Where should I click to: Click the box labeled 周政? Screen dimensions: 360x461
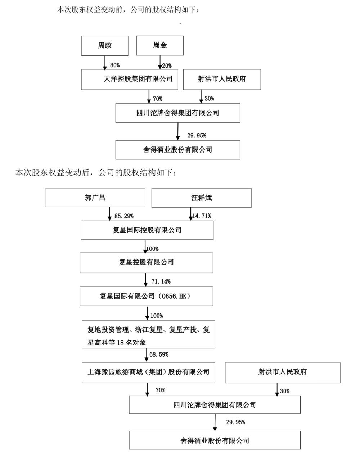coord(105,46)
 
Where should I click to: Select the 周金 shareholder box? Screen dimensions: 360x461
coord(160,46)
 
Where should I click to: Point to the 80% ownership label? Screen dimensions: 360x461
coord(115,65)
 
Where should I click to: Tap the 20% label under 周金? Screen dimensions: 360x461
coord(167,66)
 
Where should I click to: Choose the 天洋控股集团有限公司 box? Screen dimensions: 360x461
coord(130,79)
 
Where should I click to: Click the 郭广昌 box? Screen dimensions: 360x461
coord(95,198)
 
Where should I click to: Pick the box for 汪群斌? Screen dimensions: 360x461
coord(202,198)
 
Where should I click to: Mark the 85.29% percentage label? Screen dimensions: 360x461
coord(124,216)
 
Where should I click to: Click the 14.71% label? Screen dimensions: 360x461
coord(202,216)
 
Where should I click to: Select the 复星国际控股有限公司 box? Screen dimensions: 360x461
coord(147,230)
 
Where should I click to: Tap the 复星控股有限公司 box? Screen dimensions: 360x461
coord(147,263)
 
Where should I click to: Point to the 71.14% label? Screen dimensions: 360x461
coord(161,281)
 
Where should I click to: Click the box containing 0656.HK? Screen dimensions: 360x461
coord(147,296)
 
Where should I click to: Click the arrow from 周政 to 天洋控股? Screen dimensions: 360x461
coord(105,63)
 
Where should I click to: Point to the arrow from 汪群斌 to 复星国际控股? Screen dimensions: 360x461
coord(191,214)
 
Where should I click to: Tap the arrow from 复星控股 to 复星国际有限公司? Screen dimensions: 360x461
coord(145,280)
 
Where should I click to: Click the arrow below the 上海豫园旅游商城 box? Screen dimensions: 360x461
coord(147,389)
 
